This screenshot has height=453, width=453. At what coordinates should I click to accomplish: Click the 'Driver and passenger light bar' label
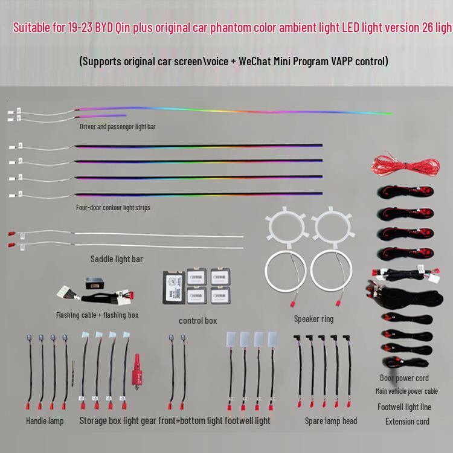(x=118, y=127)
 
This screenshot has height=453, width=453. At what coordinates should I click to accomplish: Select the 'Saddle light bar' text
(x=117, y=259)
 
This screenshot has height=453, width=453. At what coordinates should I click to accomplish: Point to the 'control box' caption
(x=198, y=320)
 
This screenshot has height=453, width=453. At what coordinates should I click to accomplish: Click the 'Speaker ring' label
(x=313, y=318)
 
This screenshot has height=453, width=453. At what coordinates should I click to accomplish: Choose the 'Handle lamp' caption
(x=45, y=420)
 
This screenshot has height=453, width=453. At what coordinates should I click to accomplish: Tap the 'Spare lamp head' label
(x=330, y=420)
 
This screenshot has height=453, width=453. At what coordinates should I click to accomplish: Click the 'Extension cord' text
(x=407, y=421)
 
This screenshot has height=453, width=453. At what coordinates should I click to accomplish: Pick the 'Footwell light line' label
(x=404, y=406)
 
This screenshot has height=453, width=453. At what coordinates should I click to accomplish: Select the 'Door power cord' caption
(x=404, y=378)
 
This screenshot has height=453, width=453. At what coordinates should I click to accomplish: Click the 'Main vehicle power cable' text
(x=406, y=391)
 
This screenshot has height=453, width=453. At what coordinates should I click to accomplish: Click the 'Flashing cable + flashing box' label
(x=97, y=315)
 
